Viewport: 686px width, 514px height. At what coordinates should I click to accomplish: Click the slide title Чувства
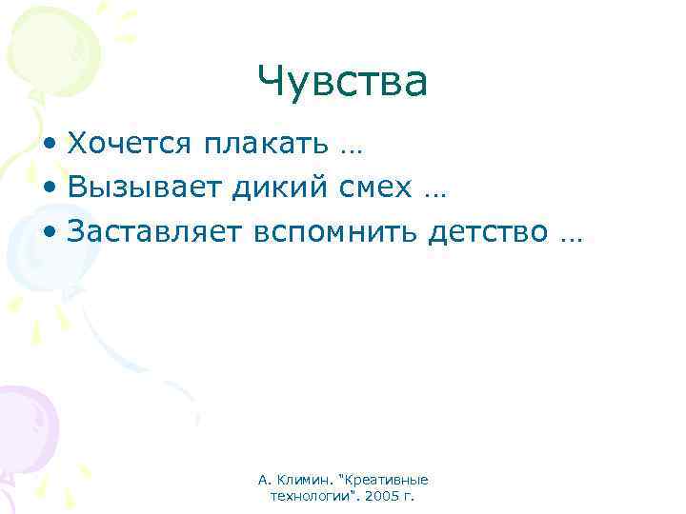pyautogui.click(x=343, y=82)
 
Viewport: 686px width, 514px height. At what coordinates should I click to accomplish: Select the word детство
pyautogui.click(x=488, y=231)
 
